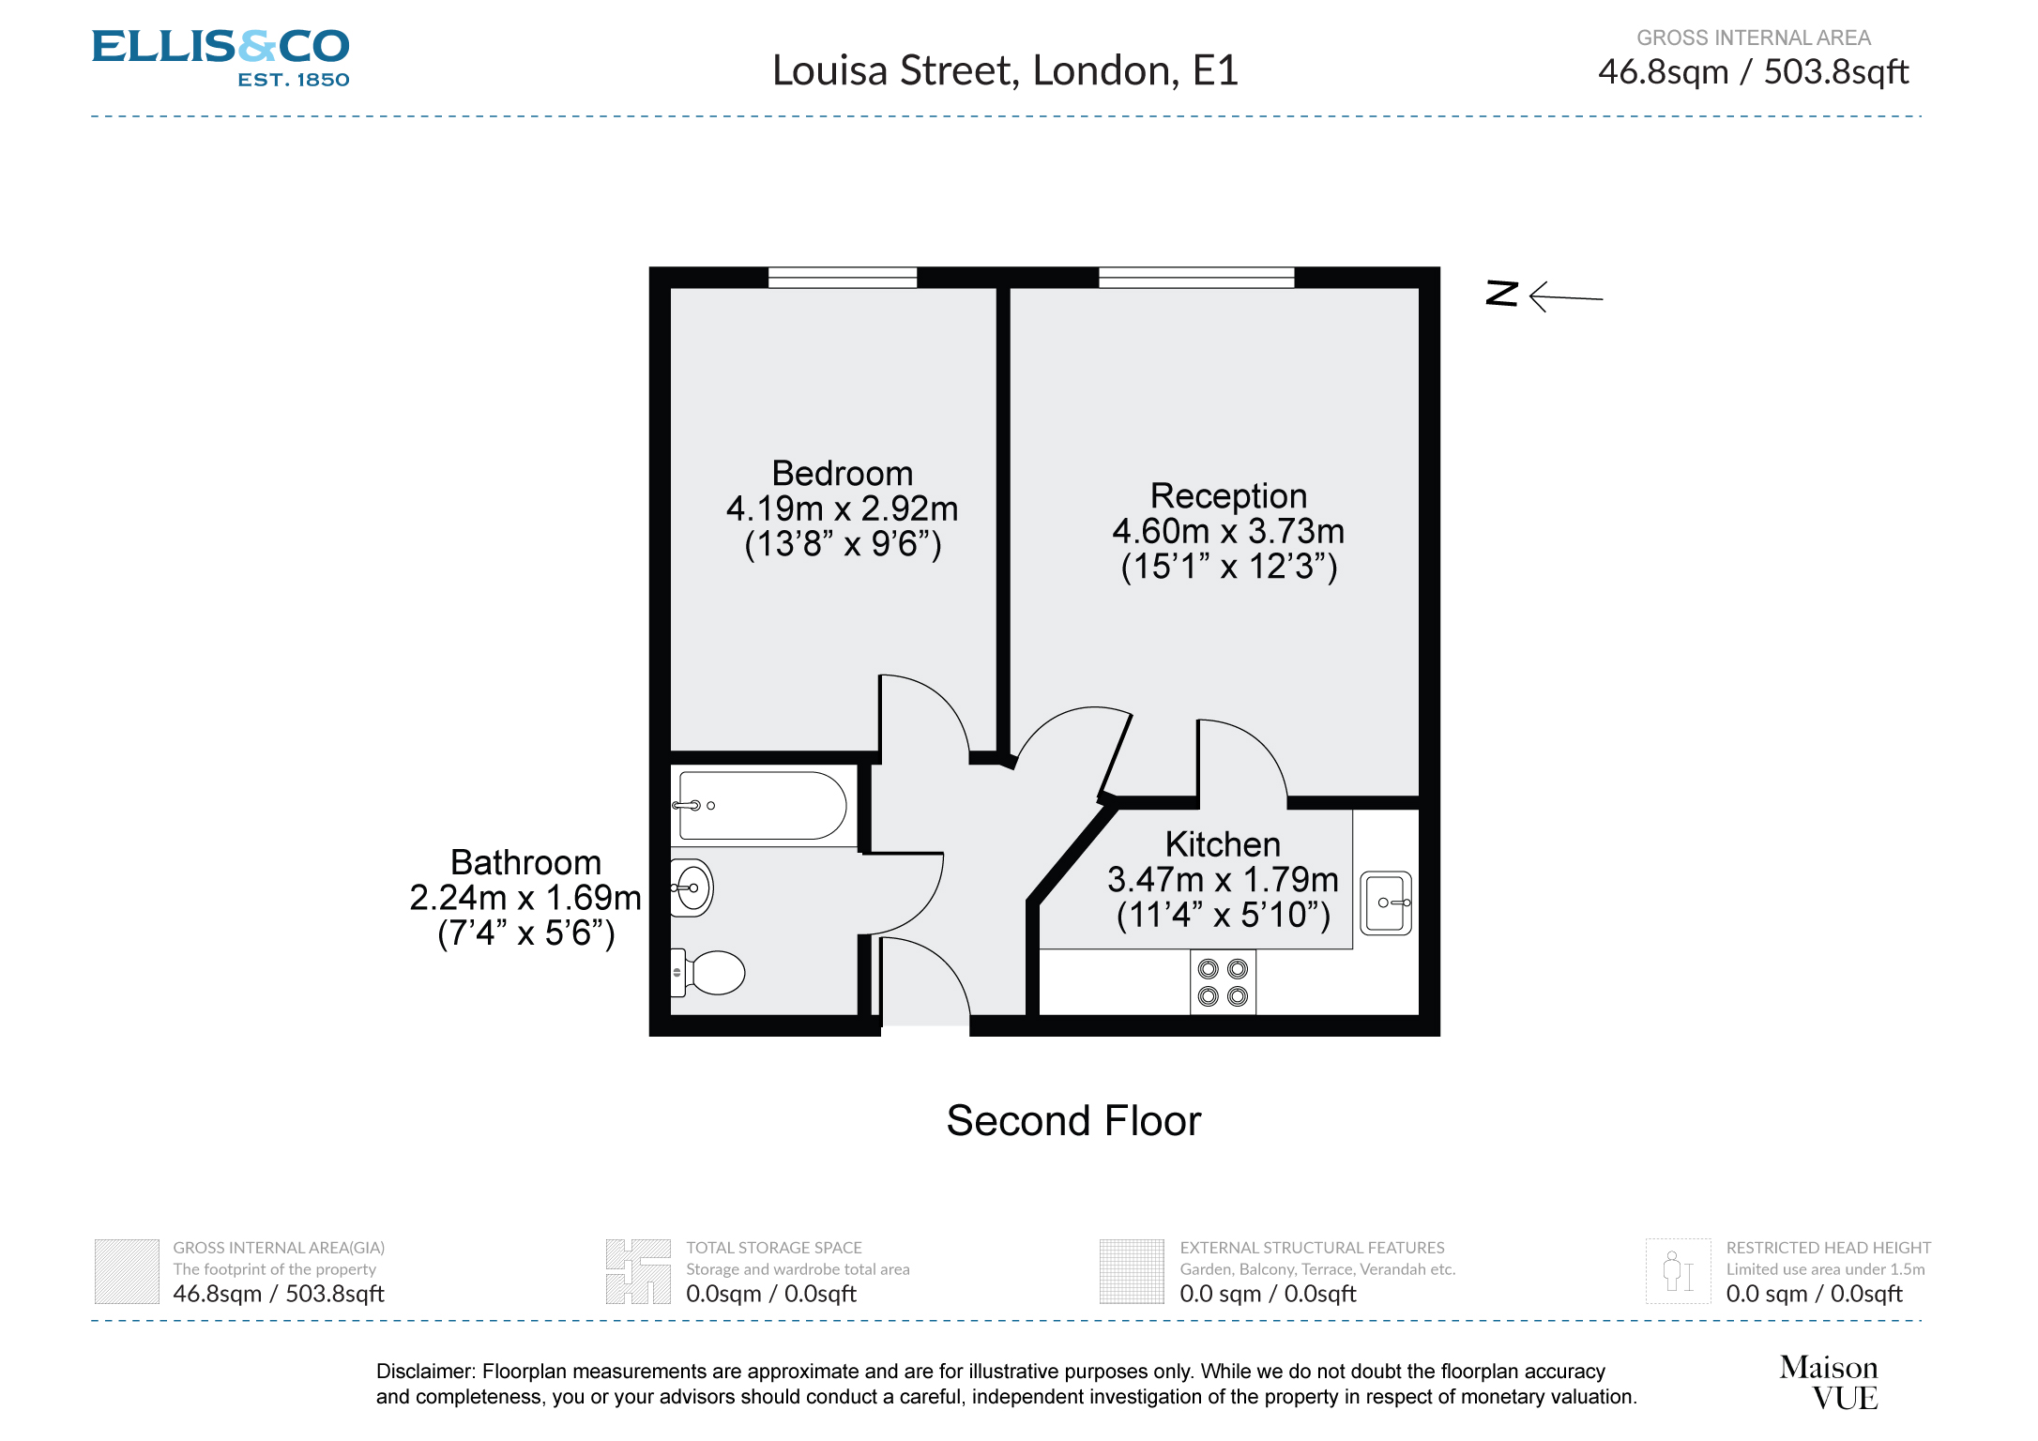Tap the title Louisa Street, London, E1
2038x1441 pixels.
tap(1005, 71)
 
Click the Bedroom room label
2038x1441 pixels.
tap(842, 474)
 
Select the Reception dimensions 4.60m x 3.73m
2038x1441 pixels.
tap(1227, 532)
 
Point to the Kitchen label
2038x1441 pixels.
tap(1222, 844)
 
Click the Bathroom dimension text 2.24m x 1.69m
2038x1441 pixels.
tap(525, 898)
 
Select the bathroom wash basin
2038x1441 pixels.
tap(693, 887)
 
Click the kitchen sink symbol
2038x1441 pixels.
tap(1386, 903)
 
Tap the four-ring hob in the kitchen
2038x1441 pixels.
tap(1223, 982)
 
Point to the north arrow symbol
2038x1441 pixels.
tap(1544, 296)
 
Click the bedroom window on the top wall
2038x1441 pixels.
tap(842, 277)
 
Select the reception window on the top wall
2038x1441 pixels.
tap(1196, 277)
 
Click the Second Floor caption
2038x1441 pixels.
tap(1072, 1121)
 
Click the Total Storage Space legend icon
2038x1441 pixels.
tap(638, 1271)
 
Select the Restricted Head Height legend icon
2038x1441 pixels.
tap(1677, 1271)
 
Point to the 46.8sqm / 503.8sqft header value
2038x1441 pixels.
tap(1753, 72)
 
